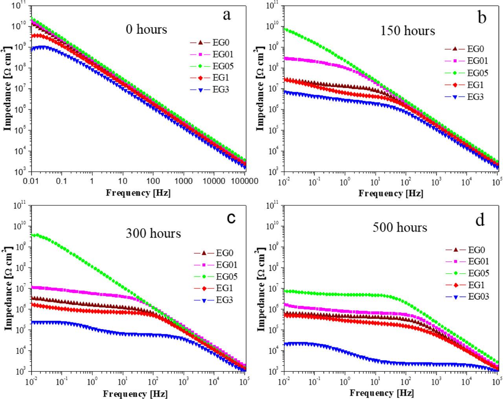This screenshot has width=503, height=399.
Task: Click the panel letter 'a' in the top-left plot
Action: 226,16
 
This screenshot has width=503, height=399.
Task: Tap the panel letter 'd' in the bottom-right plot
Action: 480,220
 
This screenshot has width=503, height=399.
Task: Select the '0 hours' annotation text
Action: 146,29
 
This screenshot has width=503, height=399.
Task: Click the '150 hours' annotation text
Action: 408,31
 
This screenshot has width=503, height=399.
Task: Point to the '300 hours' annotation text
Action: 153,233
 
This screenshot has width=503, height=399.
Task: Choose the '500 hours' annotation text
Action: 400,227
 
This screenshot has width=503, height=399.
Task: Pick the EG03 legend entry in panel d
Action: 478,297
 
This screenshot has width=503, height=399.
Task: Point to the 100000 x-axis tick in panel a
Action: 244,181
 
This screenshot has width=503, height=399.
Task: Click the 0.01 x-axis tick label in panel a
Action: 30,181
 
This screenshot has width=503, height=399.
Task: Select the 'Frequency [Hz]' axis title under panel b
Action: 391,193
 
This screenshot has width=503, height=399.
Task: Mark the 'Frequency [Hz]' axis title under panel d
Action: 382,393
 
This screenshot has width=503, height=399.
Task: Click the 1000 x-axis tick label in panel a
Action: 184,181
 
